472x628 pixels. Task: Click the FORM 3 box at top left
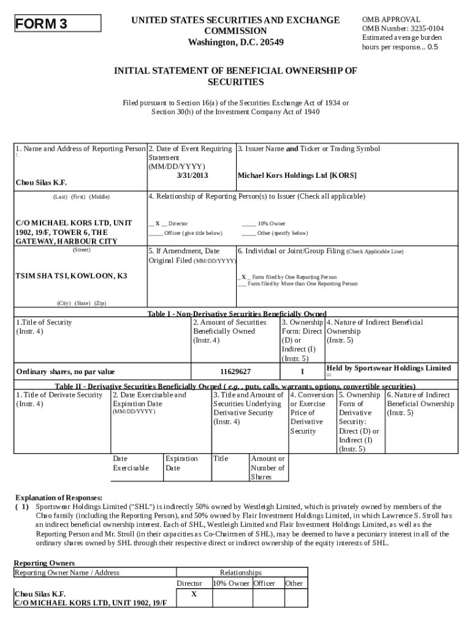(58, 24)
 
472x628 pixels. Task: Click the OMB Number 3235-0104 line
(402, 28)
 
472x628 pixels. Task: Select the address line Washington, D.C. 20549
(236, 42)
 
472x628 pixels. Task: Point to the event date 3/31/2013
(192, 175)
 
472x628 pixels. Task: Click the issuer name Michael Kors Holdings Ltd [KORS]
(297, 175)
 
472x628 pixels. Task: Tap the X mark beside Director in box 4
(158, 224)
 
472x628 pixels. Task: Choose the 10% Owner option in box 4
(264, 224)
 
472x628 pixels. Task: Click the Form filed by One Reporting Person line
(287, 277)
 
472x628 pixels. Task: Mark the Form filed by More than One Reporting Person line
(298, 284)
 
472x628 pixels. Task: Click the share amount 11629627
(235, 372)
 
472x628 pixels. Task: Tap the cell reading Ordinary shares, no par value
(66, 372)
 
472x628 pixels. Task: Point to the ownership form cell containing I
(302, 372)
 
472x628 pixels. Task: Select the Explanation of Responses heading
(58, 497)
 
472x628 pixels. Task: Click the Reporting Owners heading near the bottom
(44, 562)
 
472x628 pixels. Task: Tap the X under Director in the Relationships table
(194, 594)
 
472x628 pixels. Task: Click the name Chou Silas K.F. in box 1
(41, 183)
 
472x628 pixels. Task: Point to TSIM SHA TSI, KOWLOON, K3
(71, 276)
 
